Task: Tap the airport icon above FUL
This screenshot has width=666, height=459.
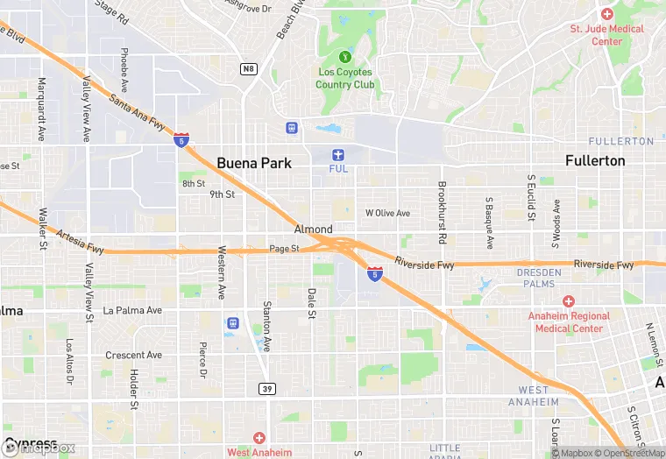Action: coord(337,154)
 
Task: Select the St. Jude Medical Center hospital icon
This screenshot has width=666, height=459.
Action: coord(606,14)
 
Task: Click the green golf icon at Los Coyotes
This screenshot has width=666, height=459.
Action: coord(344,58)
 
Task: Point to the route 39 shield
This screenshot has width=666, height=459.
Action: coord(268,388)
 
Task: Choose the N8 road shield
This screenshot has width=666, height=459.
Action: coord(250,67)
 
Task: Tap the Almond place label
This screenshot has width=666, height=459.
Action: coord(313,229)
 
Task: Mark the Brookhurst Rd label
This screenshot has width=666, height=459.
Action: coord(443,213)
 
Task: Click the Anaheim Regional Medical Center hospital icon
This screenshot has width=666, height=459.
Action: coord(568,301)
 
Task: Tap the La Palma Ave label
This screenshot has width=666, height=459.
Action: coord(132,310)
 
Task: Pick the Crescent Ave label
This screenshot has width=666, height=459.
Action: coord(133,356)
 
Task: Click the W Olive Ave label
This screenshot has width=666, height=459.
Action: coord(387,213)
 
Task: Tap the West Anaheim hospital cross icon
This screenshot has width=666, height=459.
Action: coord(259,437)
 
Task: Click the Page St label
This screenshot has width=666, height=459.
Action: coord(284,249)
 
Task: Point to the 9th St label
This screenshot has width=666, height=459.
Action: coord(223,194)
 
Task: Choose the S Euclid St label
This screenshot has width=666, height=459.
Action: coord(531,198)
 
